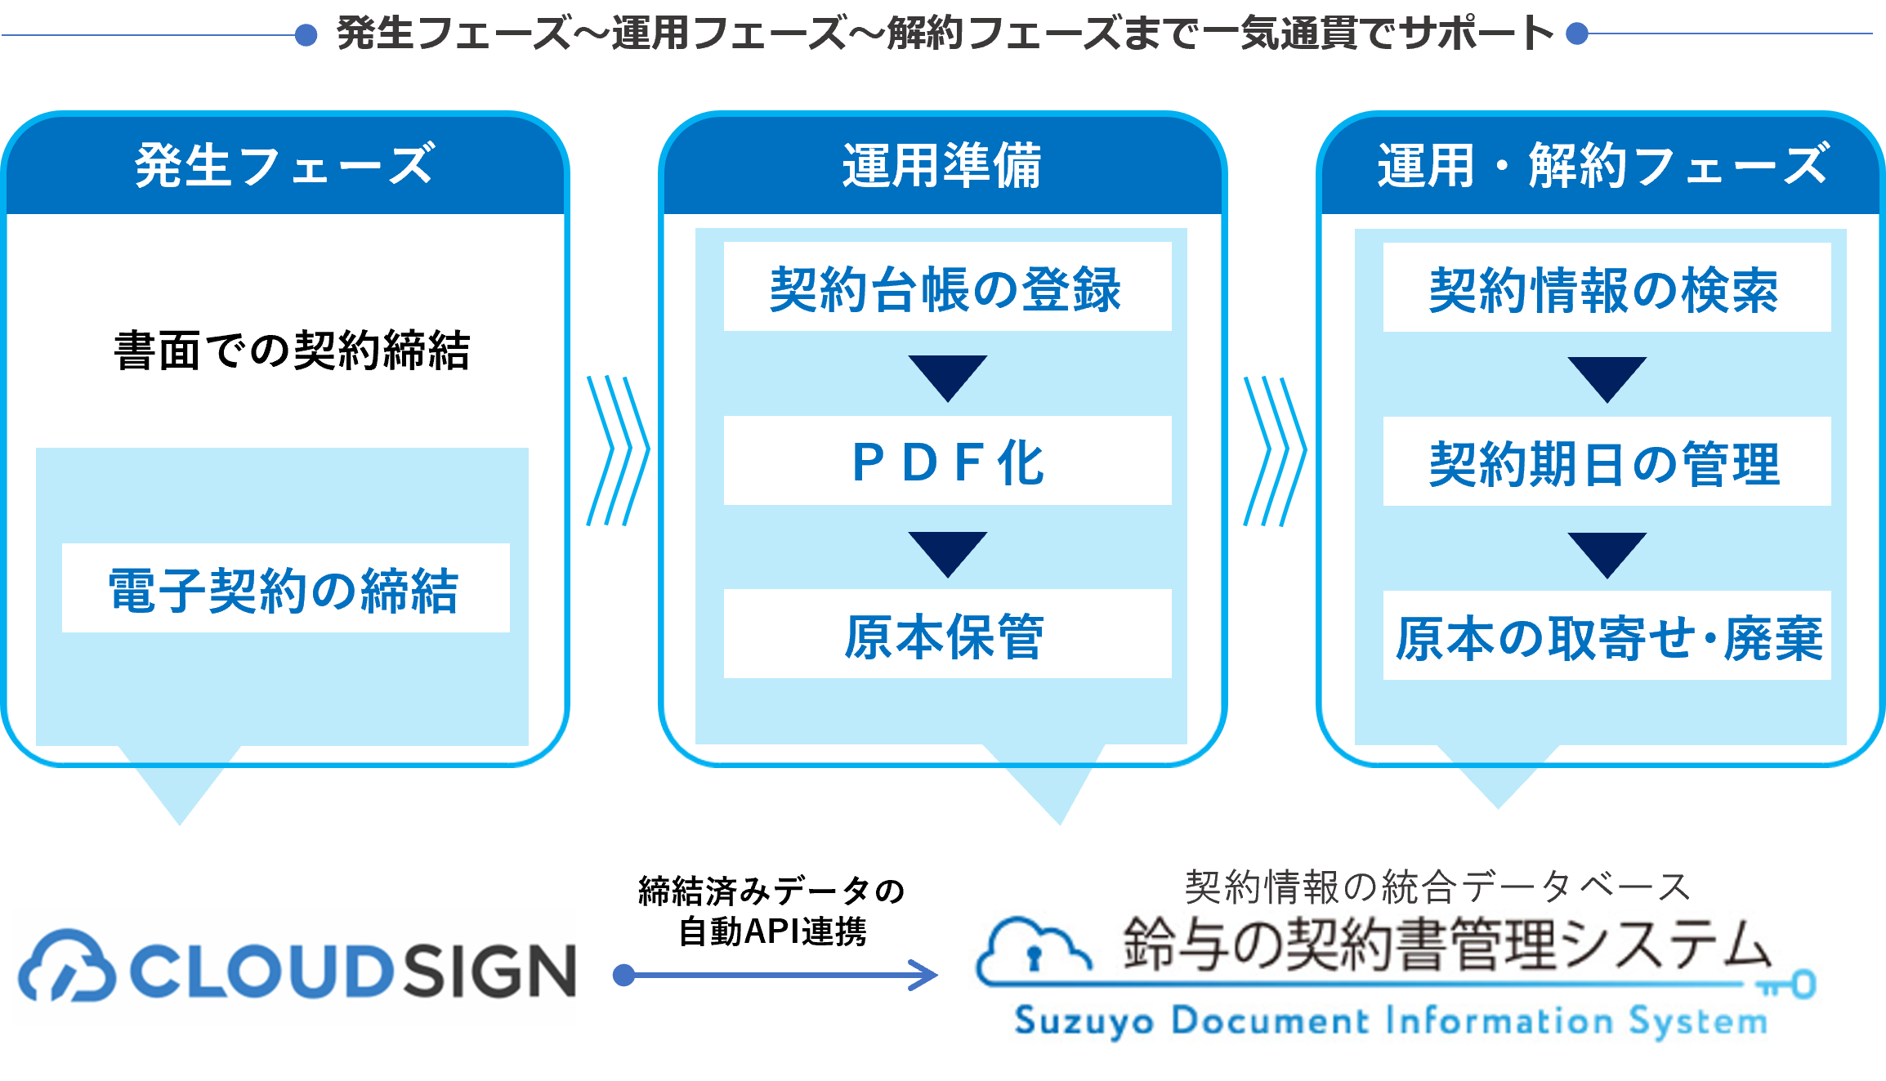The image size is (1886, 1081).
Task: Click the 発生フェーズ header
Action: (x=284, y=166)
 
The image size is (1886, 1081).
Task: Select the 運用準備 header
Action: (x=942, y=166)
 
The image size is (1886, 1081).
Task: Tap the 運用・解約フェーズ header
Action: (x=1602, y=166)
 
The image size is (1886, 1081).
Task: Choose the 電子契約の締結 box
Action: (x=285, y=588)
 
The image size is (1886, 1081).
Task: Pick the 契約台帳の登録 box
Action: (x=947, y=288)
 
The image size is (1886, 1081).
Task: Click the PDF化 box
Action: (x=947, y=462)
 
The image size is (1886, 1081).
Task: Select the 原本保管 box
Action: (x=947, y=635)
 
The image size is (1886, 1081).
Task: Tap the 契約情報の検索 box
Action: (x=1606, y=288)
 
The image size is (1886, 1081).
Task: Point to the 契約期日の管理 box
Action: (x=1606, y=462)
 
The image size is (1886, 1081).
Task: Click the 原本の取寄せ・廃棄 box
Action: (x=1606, y=637)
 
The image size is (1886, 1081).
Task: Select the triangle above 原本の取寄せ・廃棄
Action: (x=1607, y=553)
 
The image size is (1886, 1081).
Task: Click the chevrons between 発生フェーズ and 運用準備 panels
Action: (x=618, y=451)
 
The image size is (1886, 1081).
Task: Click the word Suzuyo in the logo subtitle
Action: (x=1084, y=1021)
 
